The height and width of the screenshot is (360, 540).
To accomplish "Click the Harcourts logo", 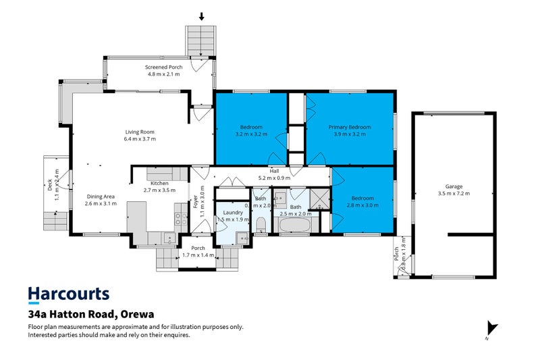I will (67, 294).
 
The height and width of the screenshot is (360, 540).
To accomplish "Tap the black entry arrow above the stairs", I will (201, 16).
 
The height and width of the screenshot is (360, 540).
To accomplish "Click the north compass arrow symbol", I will (491, 329).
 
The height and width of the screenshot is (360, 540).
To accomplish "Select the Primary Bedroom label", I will (350, 127).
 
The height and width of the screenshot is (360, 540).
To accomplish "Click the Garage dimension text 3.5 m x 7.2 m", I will (453, 194).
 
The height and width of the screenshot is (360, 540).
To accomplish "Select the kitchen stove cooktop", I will (180, 218).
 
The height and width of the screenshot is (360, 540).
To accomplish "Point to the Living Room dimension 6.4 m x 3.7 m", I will (140, 139).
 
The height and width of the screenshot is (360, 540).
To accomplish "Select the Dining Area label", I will (101, 196).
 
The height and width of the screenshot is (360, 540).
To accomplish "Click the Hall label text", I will (274, 172).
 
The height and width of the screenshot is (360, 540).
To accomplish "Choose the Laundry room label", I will (234, 213).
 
